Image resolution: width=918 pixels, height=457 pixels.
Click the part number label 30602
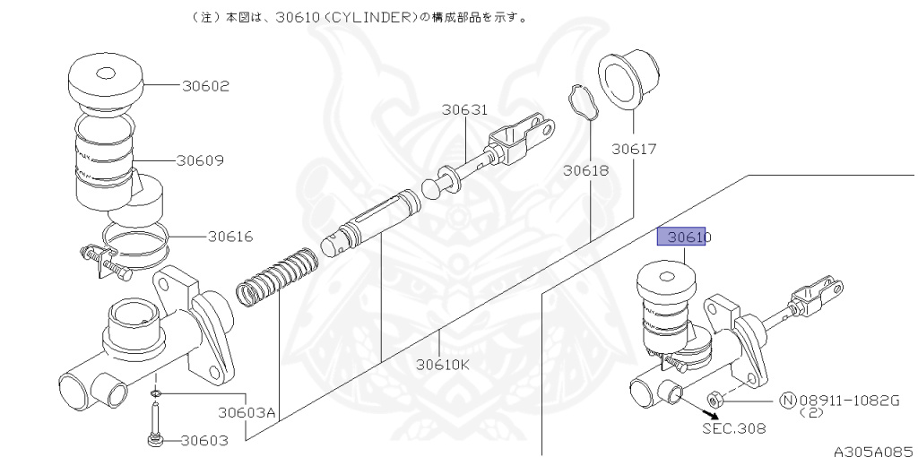[206, 86]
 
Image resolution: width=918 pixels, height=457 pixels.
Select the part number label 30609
[200, 160]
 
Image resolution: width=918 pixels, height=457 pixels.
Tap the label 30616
[230, 237]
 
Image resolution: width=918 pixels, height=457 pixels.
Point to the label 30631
[464, 110]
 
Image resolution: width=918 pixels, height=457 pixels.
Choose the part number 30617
[635, 148]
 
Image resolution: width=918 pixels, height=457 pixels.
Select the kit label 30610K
[443, 365]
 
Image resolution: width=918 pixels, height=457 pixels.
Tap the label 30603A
[247, 413]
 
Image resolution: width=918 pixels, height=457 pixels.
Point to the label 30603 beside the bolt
[204, 440]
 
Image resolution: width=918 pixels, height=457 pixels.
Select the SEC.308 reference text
[734, 428]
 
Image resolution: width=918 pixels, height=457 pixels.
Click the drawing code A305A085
[871, 450]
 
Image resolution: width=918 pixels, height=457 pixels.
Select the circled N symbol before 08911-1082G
[787, 399]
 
